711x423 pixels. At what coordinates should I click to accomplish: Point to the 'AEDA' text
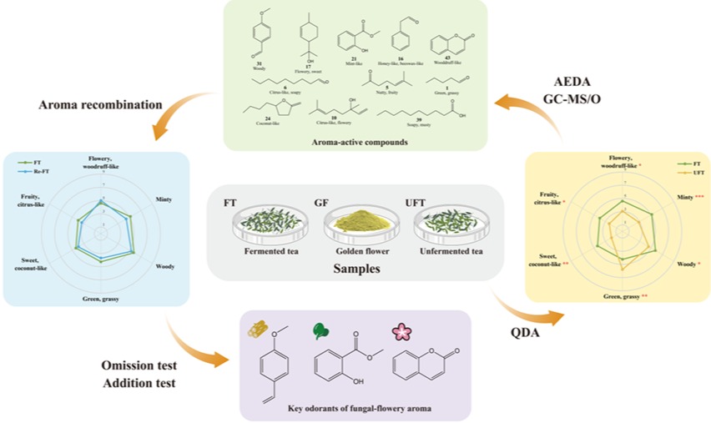(574, 82)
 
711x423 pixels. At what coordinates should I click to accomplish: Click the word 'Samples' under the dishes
(356, 269)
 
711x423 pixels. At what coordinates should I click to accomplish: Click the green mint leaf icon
(322, 331)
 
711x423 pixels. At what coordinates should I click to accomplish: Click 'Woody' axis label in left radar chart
(164, 267)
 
